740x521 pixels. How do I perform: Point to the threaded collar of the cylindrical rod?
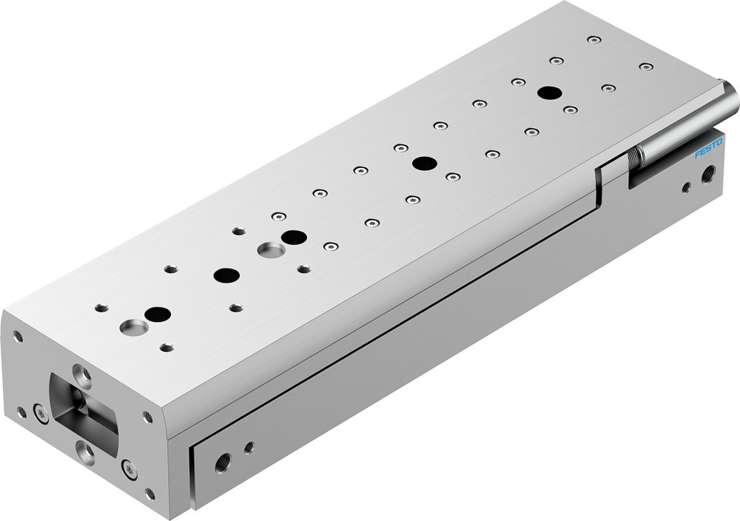click(x=634, y=157)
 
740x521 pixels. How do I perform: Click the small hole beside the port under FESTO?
click(x=686, y=187)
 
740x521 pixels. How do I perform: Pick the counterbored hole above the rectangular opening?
click(x=80, y=372)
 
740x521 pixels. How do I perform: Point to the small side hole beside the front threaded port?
click(x=249, y=447)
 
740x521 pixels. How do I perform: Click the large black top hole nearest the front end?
click(x=158, y=314)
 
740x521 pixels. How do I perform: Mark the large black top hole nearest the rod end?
click(x=549, y=93)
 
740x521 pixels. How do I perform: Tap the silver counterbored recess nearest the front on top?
click(x=133, y=326)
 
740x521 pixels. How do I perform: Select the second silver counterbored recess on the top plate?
click(x=270, y=249)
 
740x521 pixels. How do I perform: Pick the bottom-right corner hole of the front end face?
click(x=150, y=494)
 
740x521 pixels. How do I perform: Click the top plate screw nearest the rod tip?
click(x=646, y=67)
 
